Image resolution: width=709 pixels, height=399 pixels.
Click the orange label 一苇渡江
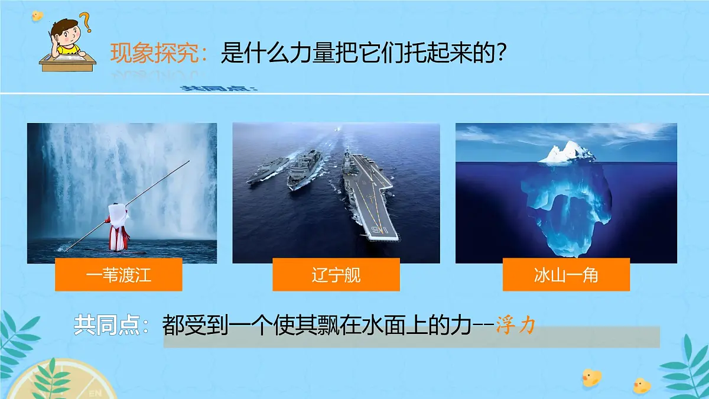point(118,275)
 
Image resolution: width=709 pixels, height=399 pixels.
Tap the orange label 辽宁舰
point(336,275)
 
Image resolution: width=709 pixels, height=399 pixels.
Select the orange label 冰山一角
point(565,275)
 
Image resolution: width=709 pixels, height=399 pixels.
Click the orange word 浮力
point(515,326)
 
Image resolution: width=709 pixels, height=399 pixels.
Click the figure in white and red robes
point(118,226)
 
